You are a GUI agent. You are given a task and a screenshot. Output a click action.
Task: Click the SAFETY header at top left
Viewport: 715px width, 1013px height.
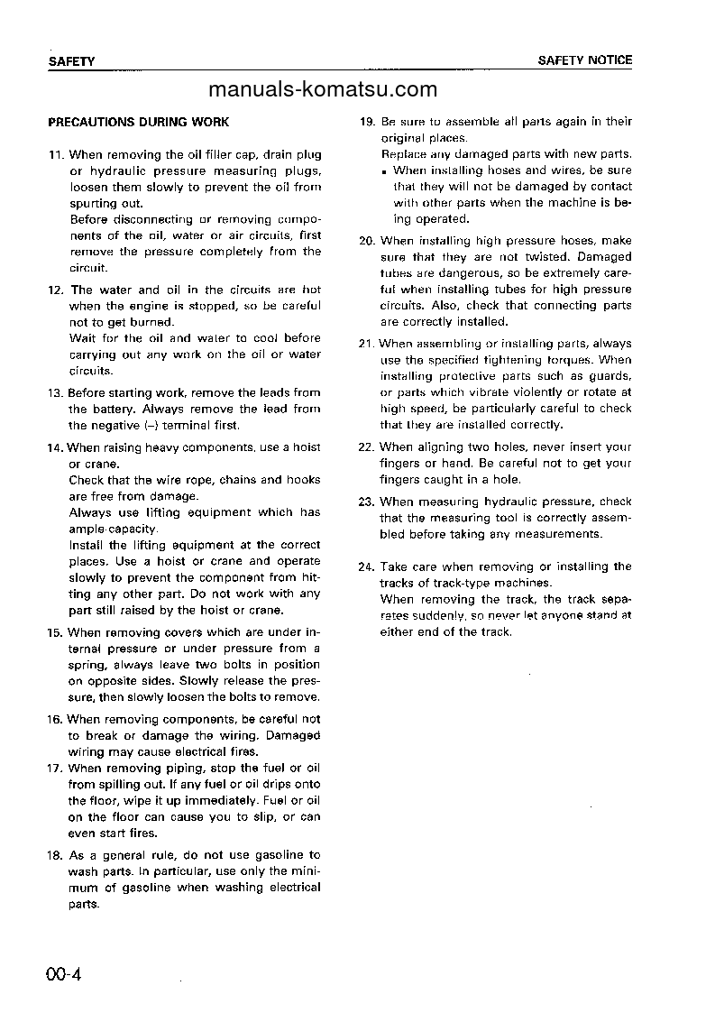(x=71, y=61)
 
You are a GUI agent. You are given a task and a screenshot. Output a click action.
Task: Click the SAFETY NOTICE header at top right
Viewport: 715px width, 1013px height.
(x=585, y=60)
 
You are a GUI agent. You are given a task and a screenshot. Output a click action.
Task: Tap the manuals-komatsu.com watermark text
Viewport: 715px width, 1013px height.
(x=322, y=88)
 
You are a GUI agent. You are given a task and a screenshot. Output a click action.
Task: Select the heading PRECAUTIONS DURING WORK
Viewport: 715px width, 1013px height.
(x=138, y=122)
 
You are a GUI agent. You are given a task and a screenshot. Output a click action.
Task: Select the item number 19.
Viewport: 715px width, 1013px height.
(x=367, y=122)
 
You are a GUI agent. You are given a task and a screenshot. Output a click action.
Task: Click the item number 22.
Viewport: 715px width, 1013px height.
(x=367, y=447)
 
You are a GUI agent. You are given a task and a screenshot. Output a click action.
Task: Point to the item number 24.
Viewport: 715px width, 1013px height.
(x=367, y=566)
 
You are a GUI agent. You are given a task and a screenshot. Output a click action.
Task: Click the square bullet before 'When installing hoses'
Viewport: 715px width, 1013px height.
(x=384, y=171)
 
